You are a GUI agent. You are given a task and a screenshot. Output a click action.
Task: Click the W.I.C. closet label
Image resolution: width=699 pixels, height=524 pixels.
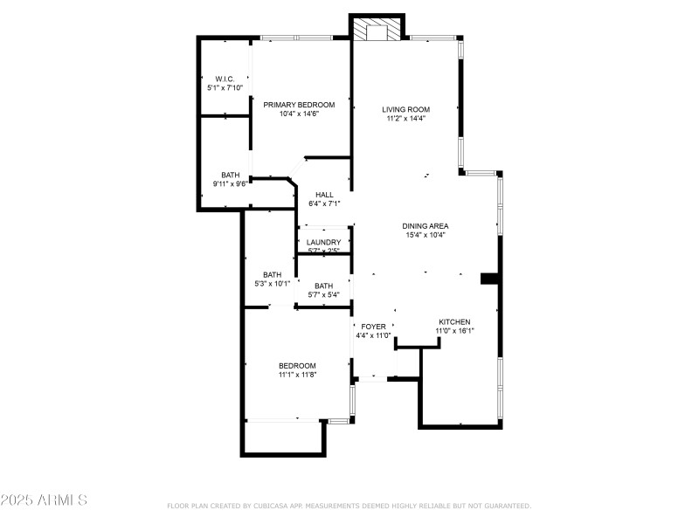click(225, 79)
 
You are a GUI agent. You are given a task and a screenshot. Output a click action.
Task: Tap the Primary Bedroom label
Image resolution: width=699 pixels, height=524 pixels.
click(299, 104)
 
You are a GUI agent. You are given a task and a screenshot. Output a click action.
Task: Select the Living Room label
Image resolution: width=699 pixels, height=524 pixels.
click(406, 109)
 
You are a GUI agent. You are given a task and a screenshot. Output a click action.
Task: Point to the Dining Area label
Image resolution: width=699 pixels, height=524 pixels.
click(426, 225)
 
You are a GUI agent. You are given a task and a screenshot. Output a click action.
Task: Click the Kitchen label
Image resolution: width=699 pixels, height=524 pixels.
click(454, 321)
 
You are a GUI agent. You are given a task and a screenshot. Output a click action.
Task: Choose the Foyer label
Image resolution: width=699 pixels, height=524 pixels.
click(373, 327)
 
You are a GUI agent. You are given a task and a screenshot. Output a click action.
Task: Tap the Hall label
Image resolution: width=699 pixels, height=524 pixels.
click(324, 195)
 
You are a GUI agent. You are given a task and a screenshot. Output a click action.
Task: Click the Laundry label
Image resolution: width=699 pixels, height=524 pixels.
click(323, 242)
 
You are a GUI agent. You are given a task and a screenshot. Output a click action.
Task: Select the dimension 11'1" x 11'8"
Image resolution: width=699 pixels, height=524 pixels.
click(297, 375)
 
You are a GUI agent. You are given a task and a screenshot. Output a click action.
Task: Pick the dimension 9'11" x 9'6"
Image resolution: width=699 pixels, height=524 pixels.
click(230, 184)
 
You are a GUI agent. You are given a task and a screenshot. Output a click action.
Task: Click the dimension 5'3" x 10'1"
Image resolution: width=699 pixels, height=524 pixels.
click(272, 283)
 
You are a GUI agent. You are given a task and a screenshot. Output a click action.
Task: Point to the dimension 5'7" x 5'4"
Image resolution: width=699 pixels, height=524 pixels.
click(323, 294)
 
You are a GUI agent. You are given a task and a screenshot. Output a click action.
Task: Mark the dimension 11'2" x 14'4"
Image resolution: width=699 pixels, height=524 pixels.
click(406, 119)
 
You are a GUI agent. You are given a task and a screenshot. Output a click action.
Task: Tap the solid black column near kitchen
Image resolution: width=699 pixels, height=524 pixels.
click(490, 279)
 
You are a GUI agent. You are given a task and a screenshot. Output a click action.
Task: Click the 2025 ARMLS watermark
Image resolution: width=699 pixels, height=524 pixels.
click(44, 500)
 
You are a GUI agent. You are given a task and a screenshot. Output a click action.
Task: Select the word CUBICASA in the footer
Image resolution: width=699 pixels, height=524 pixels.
click(273, 506)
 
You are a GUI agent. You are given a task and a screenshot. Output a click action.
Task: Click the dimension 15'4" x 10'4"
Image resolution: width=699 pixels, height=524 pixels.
click(426, 235)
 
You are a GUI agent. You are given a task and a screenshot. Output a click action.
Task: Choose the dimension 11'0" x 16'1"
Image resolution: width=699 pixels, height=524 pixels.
click(454, 331)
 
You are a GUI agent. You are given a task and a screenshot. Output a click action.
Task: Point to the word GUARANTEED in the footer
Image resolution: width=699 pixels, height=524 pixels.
click(507, 506)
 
